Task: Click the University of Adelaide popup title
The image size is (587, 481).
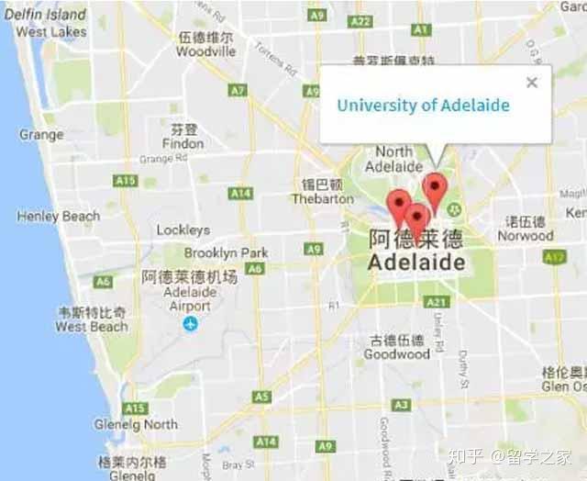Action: coord(423,105)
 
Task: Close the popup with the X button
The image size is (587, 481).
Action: coord(532,83)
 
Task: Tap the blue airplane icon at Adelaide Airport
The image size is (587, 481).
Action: coord(190,323)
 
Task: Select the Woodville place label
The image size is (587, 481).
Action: coord(206,52)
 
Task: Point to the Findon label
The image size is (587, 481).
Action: coord(183,144)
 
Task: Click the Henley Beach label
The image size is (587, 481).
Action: coord(58,217)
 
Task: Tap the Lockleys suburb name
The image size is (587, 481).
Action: coord(183,230)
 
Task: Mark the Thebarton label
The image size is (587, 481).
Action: coord(322,198)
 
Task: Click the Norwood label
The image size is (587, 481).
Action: coord(526,235)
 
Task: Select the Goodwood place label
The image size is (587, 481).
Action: coord(396,354)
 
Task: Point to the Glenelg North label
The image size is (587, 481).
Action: coord(136,425)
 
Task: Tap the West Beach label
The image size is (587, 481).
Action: coord(92,327)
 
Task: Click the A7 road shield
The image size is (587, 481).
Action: coord(238,90)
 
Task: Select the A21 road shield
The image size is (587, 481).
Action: coord(437,301)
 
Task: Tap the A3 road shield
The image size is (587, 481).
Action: coord(401,405)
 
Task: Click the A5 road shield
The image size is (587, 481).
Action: coord(262,397)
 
